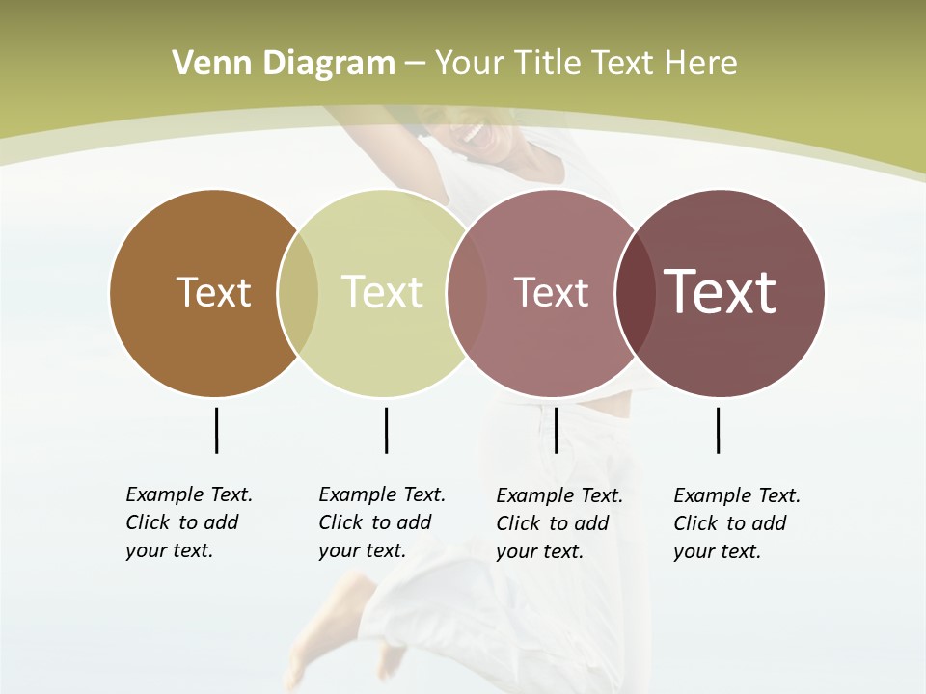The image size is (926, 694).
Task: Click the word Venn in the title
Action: (x=205, y=64)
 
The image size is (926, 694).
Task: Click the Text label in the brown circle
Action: (x=213, y=292)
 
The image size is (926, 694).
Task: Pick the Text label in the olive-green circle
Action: (x=382, y=292)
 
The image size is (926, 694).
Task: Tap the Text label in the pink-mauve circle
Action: (x=551, y=292)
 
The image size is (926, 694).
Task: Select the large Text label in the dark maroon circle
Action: (x=721, y=292)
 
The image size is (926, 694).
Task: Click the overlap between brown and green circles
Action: (x=298, y=293)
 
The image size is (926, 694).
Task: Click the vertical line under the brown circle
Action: (x=216, y=430)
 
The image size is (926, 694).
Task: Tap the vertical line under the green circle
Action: (x=386, y=430)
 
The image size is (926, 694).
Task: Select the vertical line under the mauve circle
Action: (x=556, y=430)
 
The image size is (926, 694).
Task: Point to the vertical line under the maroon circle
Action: (x=718, y=430)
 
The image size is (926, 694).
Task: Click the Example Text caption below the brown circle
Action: (x=188, y=522)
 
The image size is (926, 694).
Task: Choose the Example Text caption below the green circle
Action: (x=381, y=522)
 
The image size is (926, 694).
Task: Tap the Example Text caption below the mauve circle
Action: (x=558, y=523)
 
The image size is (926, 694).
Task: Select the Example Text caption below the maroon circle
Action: (x=736, y=523)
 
